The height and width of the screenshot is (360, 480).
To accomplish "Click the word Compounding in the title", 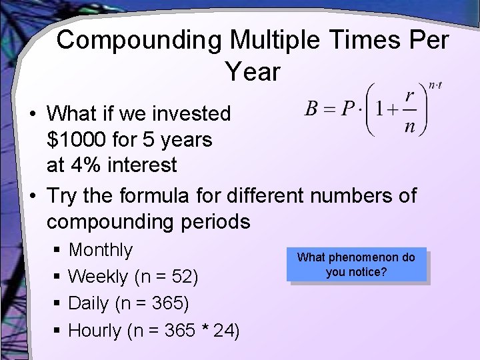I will click(140, 41).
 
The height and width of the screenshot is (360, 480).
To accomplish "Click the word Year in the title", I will click(253, 71).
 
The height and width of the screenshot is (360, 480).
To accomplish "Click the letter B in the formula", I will click(312, 108).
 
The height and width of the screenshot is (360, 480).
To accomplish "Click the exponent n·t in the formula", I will click(435, 85).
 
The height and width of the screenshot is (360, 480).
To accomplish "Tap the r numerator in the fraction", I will click(411, 96).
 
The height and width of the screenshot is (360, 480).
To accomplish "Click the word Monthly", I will click(101, 250).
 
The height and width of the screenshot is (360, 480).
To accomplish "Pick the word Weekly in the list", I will click(98, 277).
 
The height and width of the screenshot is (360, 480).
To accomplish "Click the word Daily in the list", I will click(89, 303).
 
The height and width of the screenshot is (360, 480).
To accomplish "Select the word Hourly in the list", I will click(95, 330).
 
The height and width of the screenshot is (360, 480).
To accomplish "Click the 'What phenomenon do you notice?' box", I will click(356, 265).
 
